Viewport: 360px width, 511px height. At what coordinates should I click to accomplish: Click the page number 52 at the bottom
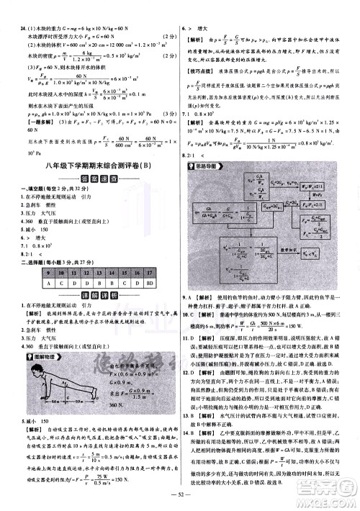(180, 501)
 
